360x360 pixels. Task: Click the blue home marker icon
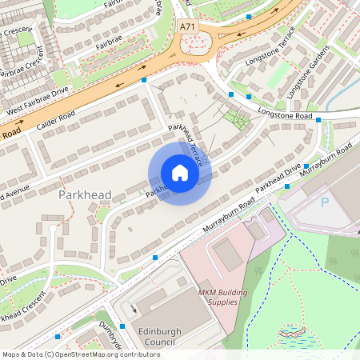(180, 173)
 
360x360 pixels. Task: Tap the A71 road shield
(188, 26)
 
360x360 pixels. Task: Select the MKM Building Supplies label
(218, 298)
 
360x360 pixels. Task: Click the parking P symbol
(325, 202)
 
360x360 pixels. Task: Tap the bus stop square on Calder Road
(144, 80)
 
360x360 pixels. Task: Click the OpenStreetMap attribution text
(81, 354)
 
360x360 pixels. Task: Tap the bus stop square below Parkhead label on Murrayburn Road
(154, 257)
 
